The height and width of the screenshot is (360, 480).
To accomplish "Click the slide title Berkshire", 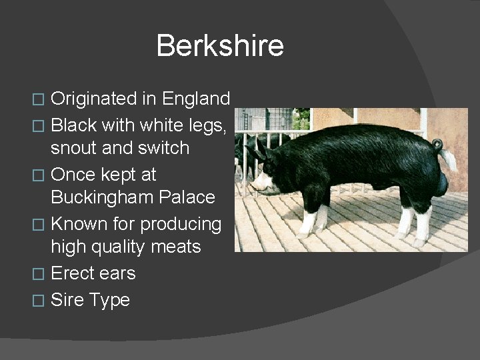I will (220, 46).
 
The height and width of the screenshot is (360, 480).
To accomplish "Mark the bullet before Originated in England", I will (39, 100).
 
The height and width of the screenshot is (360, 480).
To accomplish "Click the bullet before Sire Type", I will (39, 301).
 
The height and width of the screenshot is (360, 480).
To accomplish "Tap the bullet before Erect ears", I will (39, 274).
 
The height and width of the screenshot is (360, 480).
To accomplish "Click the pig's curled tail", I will (437, 145).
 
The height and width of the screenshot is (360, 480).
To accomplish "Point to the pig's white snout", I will (262, 182).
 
